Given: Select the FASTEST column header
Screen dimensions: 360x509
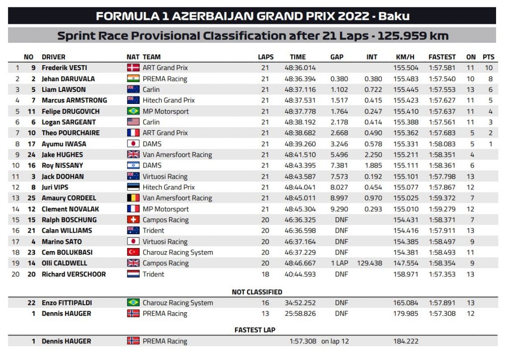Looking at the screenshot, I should coord(442,57).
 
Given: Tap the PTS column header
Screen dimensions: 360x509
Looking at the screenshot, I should coord(488,57).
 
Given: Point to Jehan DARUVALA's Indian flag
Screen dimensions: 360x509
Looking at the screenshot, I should coord(133,79).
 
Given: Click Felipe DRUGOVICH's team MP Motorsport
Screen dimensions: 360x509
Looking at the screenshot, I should coord(166,111).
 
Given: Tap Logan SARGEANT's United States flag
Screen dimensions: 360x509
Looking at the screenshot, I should coord(133,122).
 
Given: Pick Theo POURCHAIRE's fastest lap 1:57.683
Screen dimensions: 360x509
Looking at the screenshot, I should coord(442,133).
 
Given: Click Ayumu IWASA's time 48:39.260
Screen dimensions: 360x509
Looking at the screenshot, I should coord(300,144).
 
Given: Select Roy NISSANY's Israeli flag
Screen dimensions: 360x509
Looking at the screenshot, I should coord(133,165).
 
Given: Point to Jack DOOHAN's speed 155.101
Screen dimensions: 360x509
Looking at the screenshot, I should coord(406,176).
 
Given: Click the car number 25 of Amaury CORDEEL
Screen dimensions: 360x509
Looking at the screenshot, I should coord(32,198).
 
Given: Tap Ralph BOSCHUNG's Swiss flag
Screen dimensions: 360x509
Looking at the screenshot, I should coord(133,220).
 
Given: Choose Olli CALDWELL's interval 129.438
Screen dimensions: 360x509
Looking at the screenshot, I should coord(369,263).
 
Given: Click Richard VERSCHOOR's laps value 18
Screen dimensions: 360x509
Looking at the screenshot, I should coord(265,274).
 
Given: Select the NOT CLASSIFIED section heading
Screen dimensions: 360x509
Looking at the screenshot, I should coord(256,292).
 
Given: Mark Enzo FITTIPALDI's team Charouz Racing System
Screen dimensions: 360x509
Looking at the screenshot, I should coord(177,303).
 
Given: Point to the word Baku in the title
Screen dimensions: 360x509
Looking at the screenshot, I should coord(394,16).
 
